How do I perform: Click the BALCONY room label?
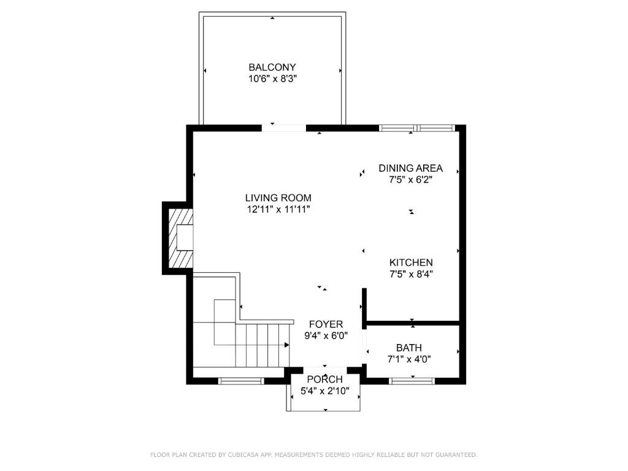[272, 67]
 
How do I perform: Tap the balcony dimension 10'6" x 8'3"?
[272, 78]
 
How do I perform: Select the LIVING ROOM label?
[278, 198]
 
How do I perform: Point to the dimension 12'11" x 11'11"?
[278, 209]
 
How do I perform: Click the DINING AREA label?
[410, 168]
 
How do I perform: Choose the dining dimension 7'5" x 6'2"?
[410, 180]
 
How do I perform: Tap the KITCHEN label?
[411, 262]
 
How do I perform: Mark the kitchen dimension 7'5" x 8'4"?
[411, 274]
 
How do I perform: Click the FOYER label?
[326, 324]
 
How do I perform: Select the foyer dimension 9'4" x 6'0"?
[326, 335]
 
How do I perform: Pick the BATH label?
[409, 348]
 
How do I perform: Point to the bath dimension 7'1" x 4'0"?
[409, 359]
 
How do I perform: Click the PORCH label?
[325, 379]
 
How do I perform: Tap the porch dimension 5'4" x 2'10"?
[325, 391]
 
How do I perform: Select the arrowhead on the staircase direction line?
[287, 345]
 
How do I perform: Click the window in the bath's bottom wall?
[412, 381]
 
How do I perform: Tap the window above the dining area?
[417, 128]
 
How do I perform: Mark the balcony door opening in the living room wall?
[284, 128]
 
